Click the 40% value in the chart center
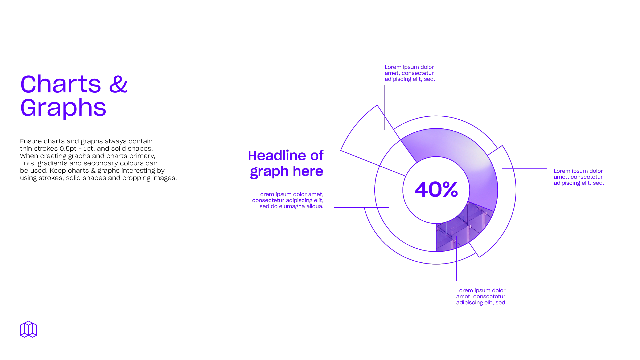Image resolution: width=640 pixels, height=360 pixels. (436, 189)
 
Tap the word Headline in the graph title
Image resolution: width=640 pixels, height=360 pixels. (277, 155)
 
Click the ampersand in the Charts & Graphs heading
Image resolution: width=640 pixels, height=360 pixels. (118, 84)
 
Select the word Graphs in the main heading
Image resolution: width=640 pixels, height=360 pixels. (63, 108)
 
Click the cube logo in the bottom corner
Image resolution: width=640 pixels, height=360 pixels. (28, 329)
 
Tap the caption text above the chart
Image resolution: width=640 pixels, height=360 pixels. (410, 73)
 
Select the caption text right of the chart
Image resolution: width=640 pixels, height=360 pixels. (579, 177)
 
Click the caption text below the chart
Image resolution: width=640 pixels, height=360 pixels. (481, 297)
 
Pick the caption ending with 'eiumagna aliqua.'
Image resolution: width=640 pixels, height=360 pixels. (288, 200)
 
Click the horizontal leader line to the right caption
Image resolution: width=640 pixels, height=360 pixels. (525, 169)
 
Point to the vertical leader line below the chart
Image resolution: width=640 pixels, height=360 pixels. (456, 258)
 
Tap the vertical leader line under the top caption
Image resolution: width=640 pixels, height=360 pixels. (385, 107)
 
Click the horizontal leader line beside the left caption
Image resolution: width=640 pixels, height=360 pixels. (361, 207)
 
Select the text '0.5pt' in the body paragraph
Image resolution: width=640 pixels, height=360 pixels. (68, 149)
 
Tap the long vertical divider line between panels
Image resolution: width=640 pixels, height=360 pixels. (217, 180)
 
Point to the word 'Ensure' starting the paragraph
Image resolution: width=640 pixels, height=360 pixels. (31, 141)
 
